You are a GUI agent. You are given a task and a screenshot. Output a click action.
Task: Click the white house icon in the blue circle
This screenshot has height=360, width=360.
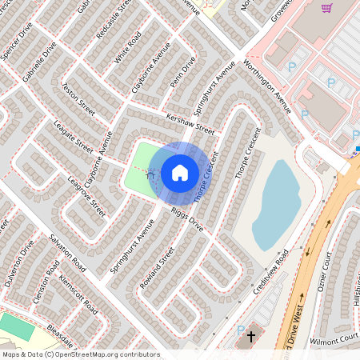pyautogui.click(x=180, y=172)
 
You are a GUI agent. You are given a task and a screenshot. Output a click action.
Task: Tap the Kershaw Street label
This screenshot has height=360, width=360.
pyautogui.click(x=190, y=121)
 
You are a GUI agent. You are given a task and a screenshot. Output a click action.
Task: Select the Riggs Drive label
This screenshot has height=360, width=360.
pyautogui.click(x=188, y=221)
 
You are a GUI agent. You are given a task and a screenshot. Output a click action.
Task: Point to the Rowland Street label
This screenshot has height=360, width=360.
pyautogui.click(x=157, y=267)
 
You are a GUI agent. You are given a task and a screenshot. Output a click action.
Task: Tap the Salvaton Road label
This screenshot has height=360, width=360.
pyautogui.click(x=66, y=250)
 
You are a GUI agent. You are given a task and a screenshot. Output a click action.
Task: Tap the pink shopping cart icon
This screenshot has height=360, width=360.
pyautogui.click(x=326, y=9)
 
